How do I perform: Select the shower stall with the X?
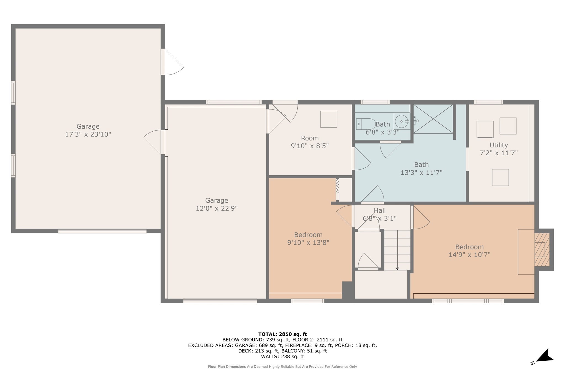(x=433, y=119)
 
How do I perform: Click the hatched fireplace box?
(x=542, y=249)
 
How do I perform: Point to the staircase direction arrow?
(x=397, y=268)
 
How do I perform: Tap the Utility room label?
(x=499, y=145)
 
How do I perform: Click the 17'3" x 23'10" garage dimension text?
(x=88, y=134)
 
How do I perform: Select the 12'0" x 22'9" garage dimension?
(x=217, y=208)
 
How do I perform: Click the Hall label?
(x=380, y=211)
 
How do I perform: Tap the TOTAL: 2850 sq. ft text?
(x=282, y=334)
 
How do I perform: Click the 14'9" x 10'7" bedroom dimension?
(x=469, y=255)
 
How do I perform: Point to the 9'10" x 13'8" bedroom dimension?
(x=308, y=243)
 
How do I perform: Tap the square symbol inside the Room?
(x=329, y=119)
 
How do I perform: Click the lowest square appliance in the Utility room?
(x=500, y=177)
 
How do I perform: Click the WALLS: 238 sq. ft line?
(x=282, y=357)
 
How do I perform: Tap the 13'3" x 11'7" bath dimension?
(x=421, y=173)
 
